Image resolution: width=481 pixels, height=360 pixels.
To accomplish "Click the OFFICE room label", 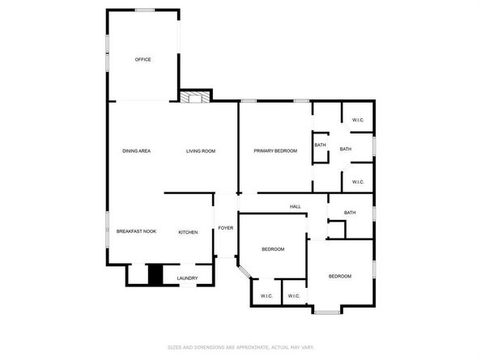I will [143, 59].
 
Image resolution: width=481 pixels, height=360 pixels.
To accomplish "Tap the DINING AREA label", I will [136, 151].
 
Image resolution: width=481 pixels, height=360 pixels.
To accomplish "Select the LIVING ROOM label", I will [200, 151].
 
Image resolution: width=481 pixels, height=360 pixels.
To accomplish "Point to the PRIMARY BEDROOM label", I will [275, 150].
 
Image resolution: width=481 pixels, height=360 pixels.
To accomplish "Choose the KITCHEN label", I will [188, 232].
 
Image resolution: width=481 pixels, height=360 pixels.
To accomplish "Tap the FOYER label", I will [226, 228].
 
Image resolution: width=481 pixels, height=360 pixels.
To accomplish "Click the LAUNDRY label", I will [187, 278].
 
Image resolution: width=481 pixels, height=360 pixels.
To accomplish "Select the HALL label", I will [296, 206].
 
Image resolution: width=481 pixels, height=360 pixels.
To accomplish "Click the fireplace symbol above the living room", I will [194, 98].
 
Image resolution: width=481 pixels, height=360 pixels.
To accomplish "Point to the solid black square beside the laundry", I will [155, 275].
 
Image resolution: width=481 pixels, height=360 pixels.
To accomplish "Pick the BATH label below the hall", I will [350, 213].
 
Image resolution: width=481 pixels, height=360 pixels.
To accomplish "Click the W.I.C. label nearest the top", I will [358, 121].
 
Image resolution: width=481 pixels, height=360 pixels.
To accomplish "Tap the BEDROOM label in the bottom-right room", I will [339, 277].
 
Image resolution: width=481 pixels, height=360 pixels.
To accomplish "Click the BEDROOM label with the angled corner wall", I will [272, 249].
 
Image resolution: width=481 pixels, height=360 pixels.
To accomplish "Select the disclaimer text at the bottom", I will [240, 347].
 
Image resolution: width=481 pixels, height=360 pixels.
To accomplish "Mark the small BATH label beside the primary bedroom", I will [320, 146].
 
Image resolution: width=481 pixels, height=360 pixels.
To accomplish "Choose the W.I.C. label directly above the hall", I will [358, 181].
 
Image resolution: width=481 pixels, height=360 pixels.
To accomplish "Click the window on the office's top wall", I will [145, 10].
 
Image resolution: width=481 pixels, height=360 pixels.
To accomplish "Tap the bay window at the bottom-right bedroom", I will [328, 312].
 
